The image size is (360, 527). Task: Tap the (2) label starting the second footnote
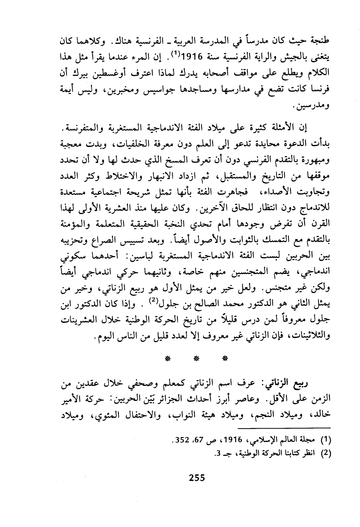coord(325,453)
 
